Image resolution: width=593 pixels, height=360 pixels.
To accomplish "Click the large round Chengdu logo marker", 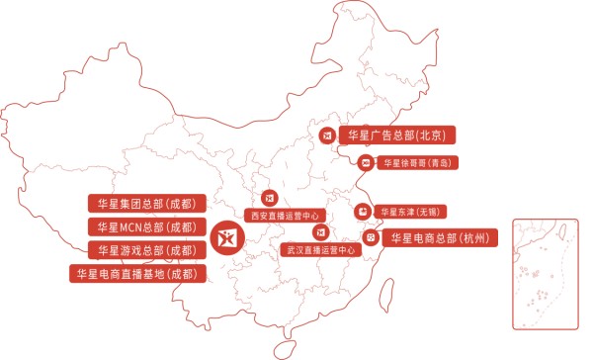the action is pyautogui.click(x=226, y=237).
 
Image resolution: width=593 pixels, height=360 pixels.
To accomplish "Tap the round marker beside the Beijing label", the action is pyautogui.click(x=327, y=135).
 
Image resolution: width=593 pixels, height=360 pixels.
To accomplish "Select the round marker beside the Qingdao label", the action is pyautogui.click(x=365, y=161).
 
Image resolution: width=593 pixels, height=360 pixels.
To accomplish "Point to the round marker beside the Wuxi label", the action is pyautogui.click(x=364, y=211).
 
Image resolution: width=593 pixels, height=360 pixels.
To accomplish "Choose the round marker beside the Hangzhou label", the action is pyautogui.click(x=371, y=237).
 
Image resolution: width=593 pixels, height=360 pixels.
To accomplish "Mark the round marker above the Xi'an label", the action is pyautogui.click(x=270, y=198).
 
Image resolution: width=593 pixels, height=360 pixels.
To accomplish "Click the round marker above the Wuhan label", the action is pyautogui.click(x=319, y=232).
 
